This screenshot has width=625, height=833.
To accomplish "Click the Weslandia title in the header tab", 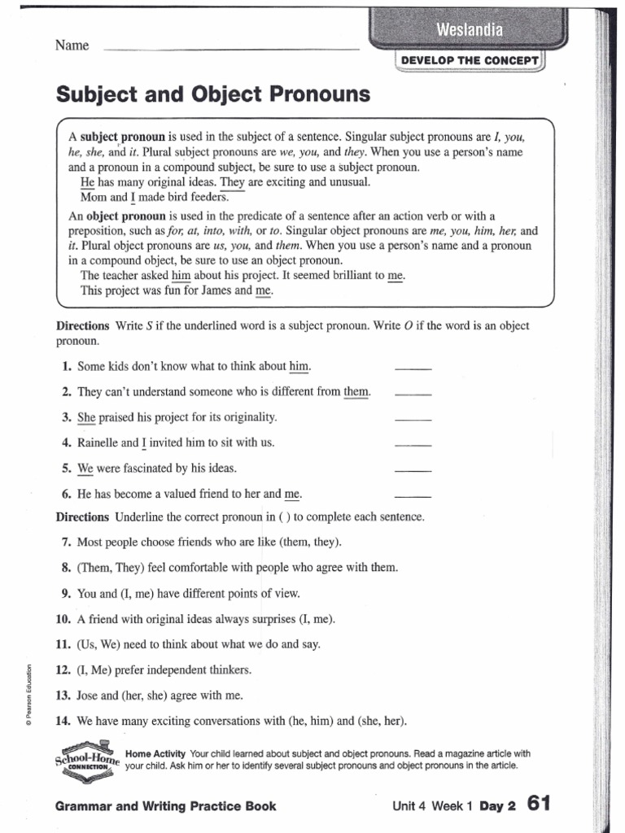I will tap(470, 31).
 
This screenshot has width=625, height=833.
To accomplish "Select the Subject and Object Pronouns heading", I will tap(212, 96).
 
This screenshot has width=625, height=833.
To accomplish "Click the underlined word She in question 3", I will tap(86, 417).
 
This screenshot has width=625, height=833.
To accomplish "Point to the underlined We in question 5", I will tap(85, 469).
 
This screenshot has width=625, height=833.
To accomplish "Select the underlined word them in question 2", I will tap(356, 392).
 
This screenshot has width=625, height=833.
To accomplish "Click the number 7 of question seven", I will tap(65, 542).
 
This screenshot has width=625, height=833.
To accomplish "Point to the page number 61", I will tap(539, 804).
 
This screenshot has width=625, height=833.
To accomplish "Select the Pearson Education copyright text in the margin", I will tap(29, 691).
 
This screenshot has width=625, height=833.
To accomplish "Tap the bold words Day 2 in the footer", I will tap(499, 806).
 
